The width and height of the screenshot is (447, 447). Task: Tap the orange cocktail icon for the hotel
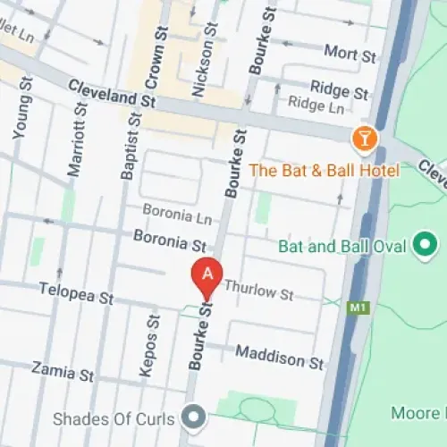coord(366,139)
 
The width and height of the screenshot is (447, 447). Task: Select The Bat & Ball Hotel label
coord(324,170)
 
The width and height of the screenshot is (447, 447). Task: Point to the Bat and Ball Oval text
coord(342,245)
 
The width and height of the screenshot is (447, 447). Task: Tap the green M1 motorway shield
coord(358,308)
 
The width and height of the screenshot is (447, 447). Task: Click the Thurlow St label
coord(258,291)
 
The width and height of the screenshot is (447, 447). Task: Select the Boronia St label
coord(169,240)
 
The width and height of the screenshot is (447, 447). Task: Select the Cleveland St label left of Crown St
coord(112,95)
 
